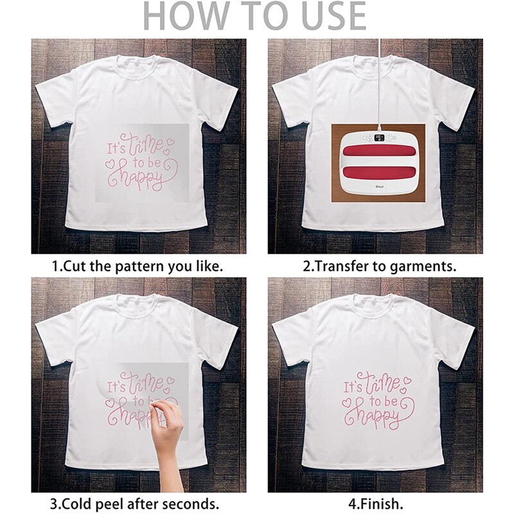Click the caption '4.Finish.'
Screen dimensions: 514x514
[375, 504]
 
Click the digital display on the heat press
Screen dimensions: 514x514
[379, 138]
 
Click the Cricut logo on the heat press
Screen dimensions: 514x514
[380, 188]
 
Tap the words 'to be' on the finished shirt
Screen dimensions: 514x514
[382, 401]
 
